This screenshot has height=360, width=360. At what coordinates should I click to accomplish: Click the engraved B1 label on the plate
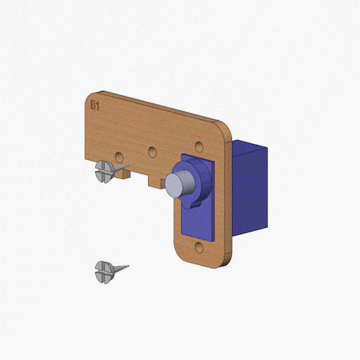click(95, 105)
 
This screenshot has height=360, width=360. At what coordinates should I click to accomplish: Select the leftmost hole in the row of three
click(119, 157)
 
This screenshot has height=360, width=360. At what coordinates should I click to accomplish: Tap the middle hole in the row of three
click(152, 152)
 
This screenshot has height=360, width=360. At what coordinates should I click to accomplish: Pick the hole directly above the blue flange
click(199, 147)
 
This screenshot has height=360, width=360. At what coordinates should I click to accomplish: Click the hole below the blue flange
click(199, 247)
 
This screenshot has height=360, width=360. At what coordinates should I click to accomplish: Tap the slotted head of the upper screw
click(104, 171)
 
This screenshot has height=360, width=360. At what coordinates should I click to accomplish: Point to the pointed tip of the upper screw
click(128, 166)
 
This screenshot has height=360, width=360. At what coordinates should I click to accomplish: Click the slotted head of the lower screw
click(104, 272)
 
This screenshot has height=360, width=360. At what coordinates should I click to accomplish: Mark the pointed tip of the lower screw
click(128, 266)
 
